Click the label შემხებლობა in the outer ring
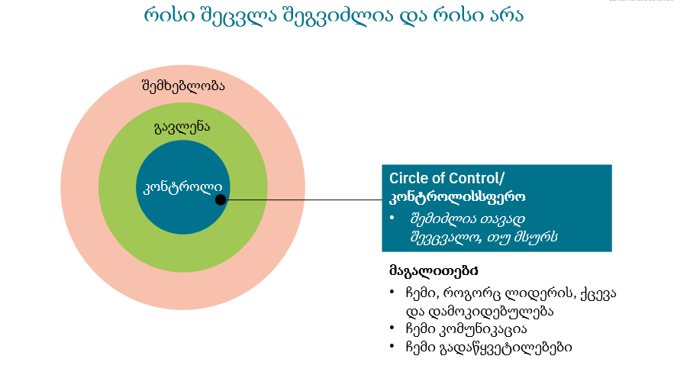tap(183, 86)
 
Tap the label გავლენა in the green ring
tap(182, 127)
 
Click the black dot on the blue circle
tap(221, 200)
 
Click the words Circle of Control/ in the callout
tap(447, 179)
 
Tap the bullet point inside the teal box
tap(392, 218)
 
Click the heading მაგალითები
tap(434, 271)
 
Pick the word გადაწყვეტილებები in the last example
tap(507, 348)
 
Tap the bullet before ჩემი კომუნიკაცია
tap(392, 329)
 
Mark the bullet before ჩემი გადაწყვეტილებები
tap(392, 348)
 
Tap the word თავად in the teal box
tap(499, 218)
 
